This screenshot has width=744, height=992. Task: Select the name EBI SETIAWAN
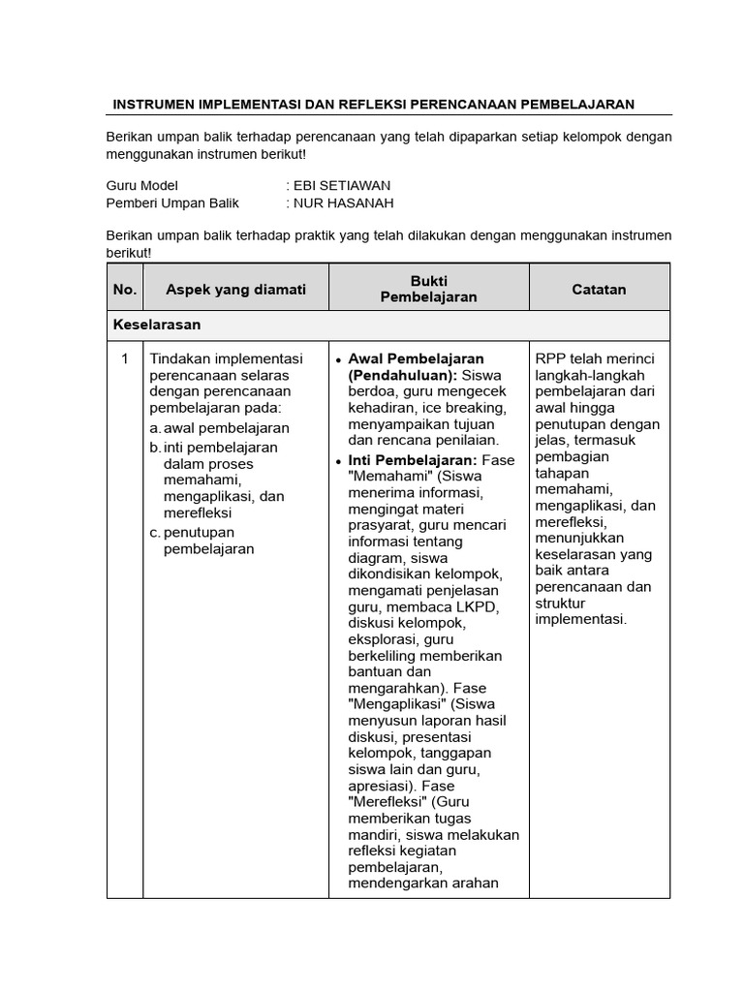[342, 185]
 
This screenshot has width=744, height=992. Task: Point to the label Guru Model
[142, 185]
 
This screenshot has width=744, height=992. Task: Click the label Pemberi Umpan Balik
[172, 202]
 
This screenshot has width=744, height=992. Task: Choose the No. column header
[125, 289]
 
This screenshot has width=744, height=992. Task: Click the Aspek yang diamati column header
[235, 289]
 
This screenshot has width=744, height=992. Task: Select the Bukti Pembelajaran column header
[428, 289]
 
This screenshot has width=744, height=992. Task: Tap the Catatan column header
[599, 289]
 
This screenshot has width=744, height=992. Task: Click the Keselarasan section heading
[157, 325]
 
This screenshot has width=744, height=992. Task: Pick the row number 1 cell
[124, 359]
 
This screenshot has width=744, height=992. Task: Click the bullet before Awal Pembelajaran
[338, 359]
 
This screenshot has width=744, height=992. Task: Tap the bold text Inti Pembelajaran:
[412, 459]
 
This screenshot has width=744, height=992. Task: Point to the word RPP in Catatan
[549, 359]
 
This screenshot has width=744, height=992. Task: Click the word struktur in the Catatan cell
[562, 604]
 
